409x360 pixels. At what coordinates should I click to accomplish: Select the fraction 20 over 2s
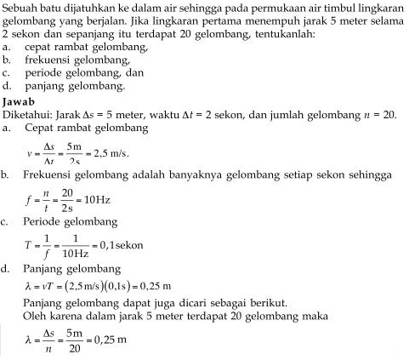[x=67, y=202]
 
